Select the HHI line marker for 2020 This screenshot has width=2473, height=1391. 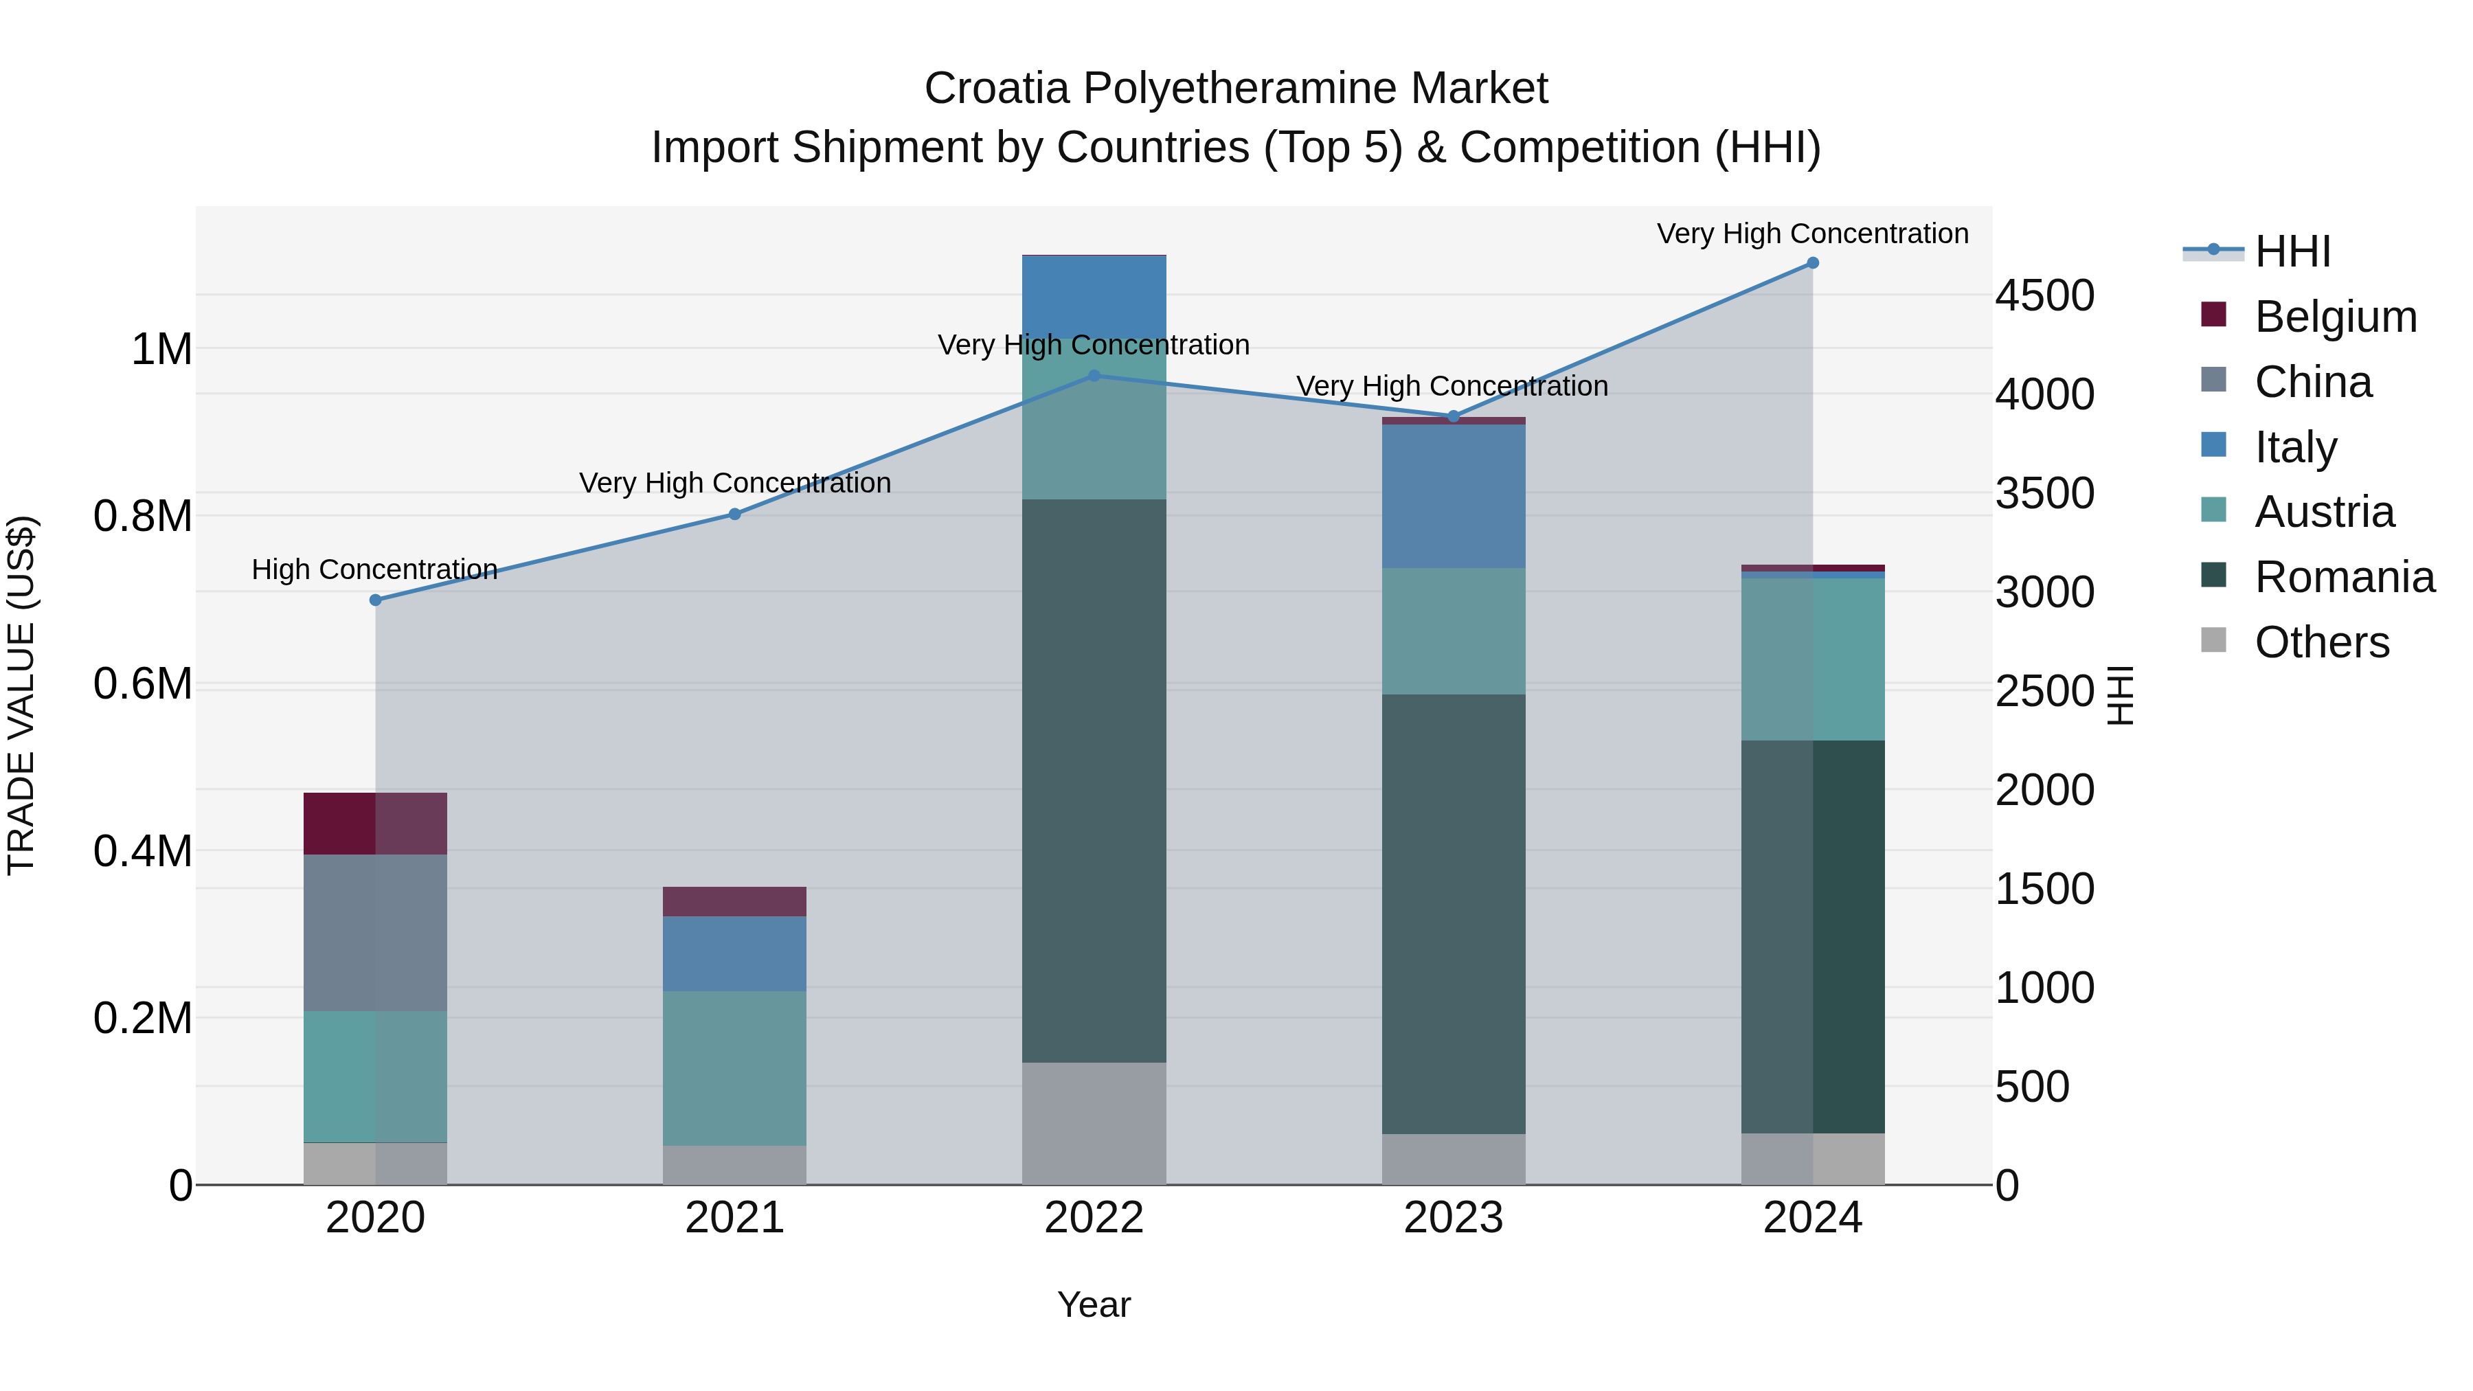click(x=375, y=600)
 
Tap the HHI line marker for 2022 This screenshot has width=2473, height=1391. click(x=1094, y=376)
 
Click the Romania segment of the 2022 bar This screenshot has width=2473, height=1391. click(x=1094, y=780)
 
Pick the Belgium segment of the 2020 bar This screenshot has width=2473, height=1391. click(x=375, y=824)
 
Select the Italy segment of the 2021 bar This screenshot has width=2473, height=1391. click(x=734, y=953)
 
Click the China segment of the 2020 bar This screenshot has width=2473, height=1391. click(x=375, y=932)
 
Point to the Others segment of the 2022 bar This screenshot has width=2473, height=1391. click(x=1094, y=1123)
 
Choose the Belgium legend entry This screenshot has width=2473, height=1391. click(x=2335, y=317)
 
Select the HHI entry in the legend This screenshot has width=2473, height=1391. click(x=2292, y=251)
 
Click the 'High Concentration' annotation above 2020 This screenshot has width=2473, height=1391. click(x=374, y=569)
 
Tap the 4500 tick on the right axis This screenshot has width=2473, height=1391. click(x=2044, y=295)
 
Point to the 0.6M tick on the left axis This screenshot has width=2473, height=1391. click(x=143, y=684)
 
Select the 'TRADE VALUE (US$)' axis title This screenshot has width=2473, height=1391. click(x=21, y=695)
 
